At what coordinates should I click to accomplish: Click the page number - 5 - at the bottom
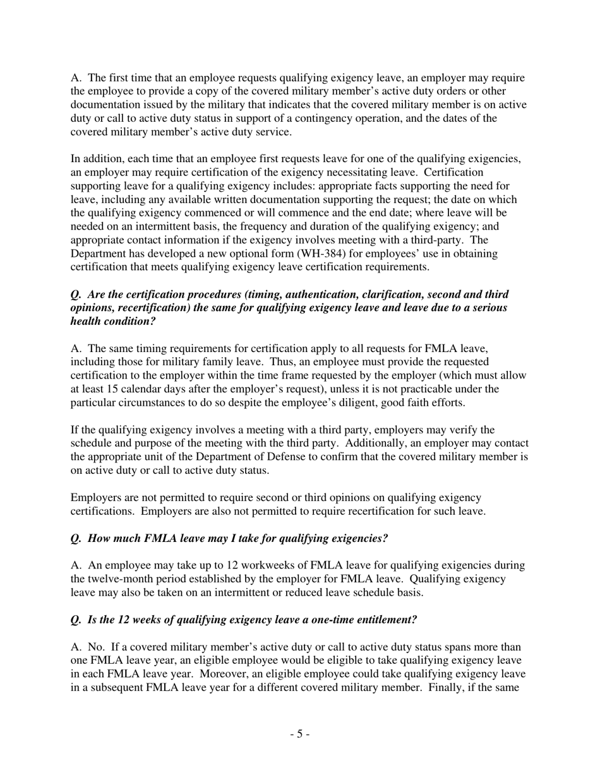299,734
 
